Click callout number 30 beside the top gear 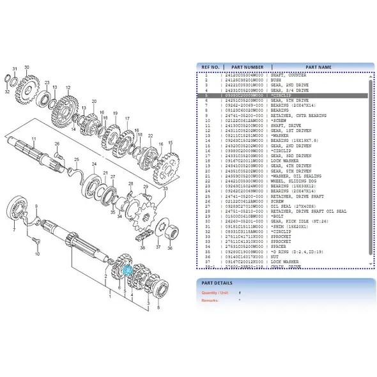click(27, 66)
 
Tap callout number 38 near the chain click(142, 248)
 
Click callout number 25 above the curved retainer click(77, 159)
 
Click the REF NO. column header click(211, 66)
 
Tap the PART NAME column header click(318, 66)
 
